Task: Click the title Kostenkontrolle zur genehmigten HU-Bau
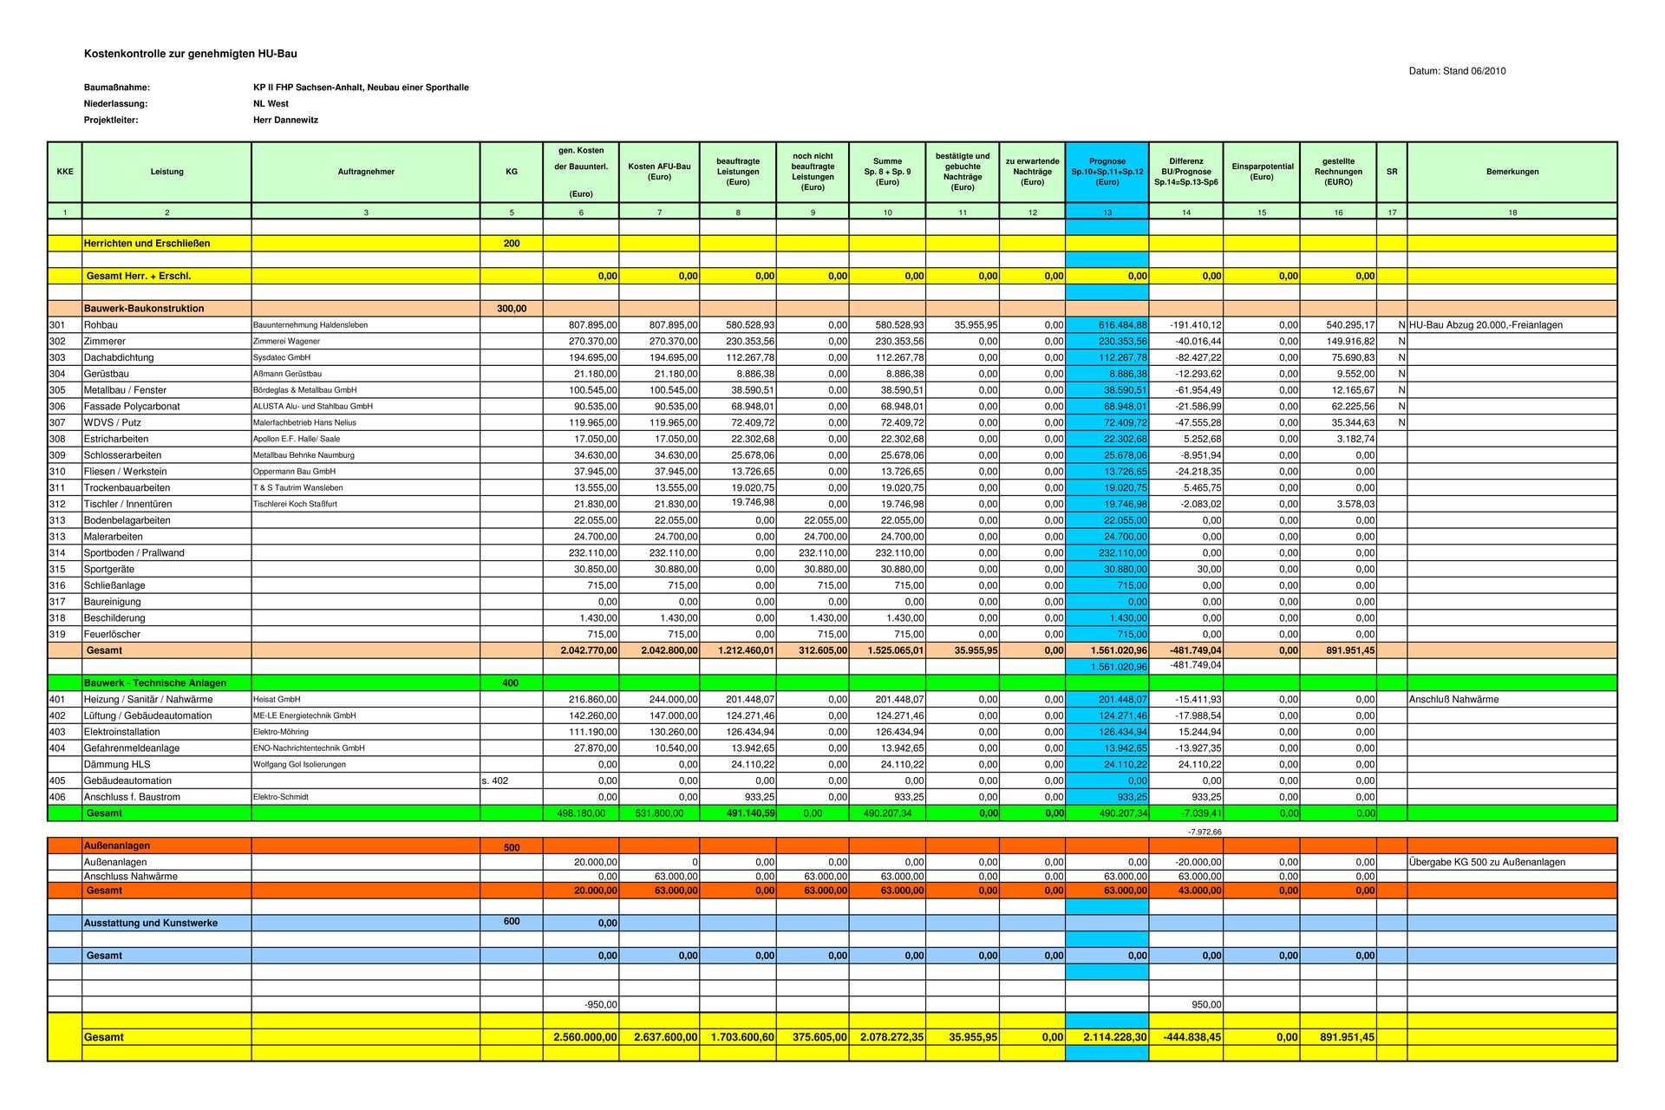tap(190, 54)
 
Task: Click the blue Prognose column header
tap(1107, 172)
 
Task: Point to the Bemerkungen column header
tap(1512, 172)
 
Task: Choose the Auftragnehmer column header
tap(366, 172)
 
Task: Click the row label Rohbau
tap(101, 325)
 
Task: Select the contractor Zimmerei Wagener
tap(286, 342)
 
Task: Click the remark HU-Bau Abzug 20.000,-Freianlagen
tap(1485, 325)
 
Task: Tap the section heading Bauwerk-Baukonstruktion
tap(144, 309)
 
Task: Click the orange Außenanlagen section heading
tap(117, 846)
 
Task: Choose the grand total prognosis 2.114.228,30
tap(1114, 1037)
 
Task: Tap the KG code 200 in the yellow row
tap(512, 244)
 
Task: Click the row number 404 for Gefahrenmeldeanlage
tap(57, 748)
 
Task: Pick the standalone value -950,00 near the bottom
tap(601, 1005)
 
